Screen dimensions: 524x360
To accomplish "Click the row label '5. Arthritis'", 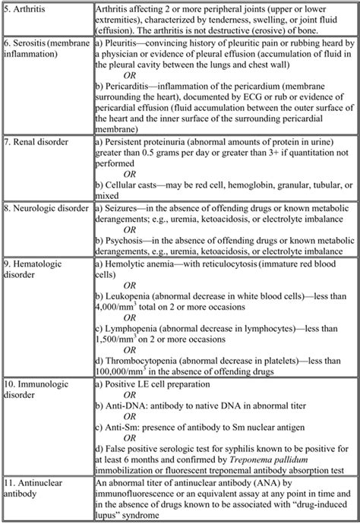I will click(27, 8).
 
